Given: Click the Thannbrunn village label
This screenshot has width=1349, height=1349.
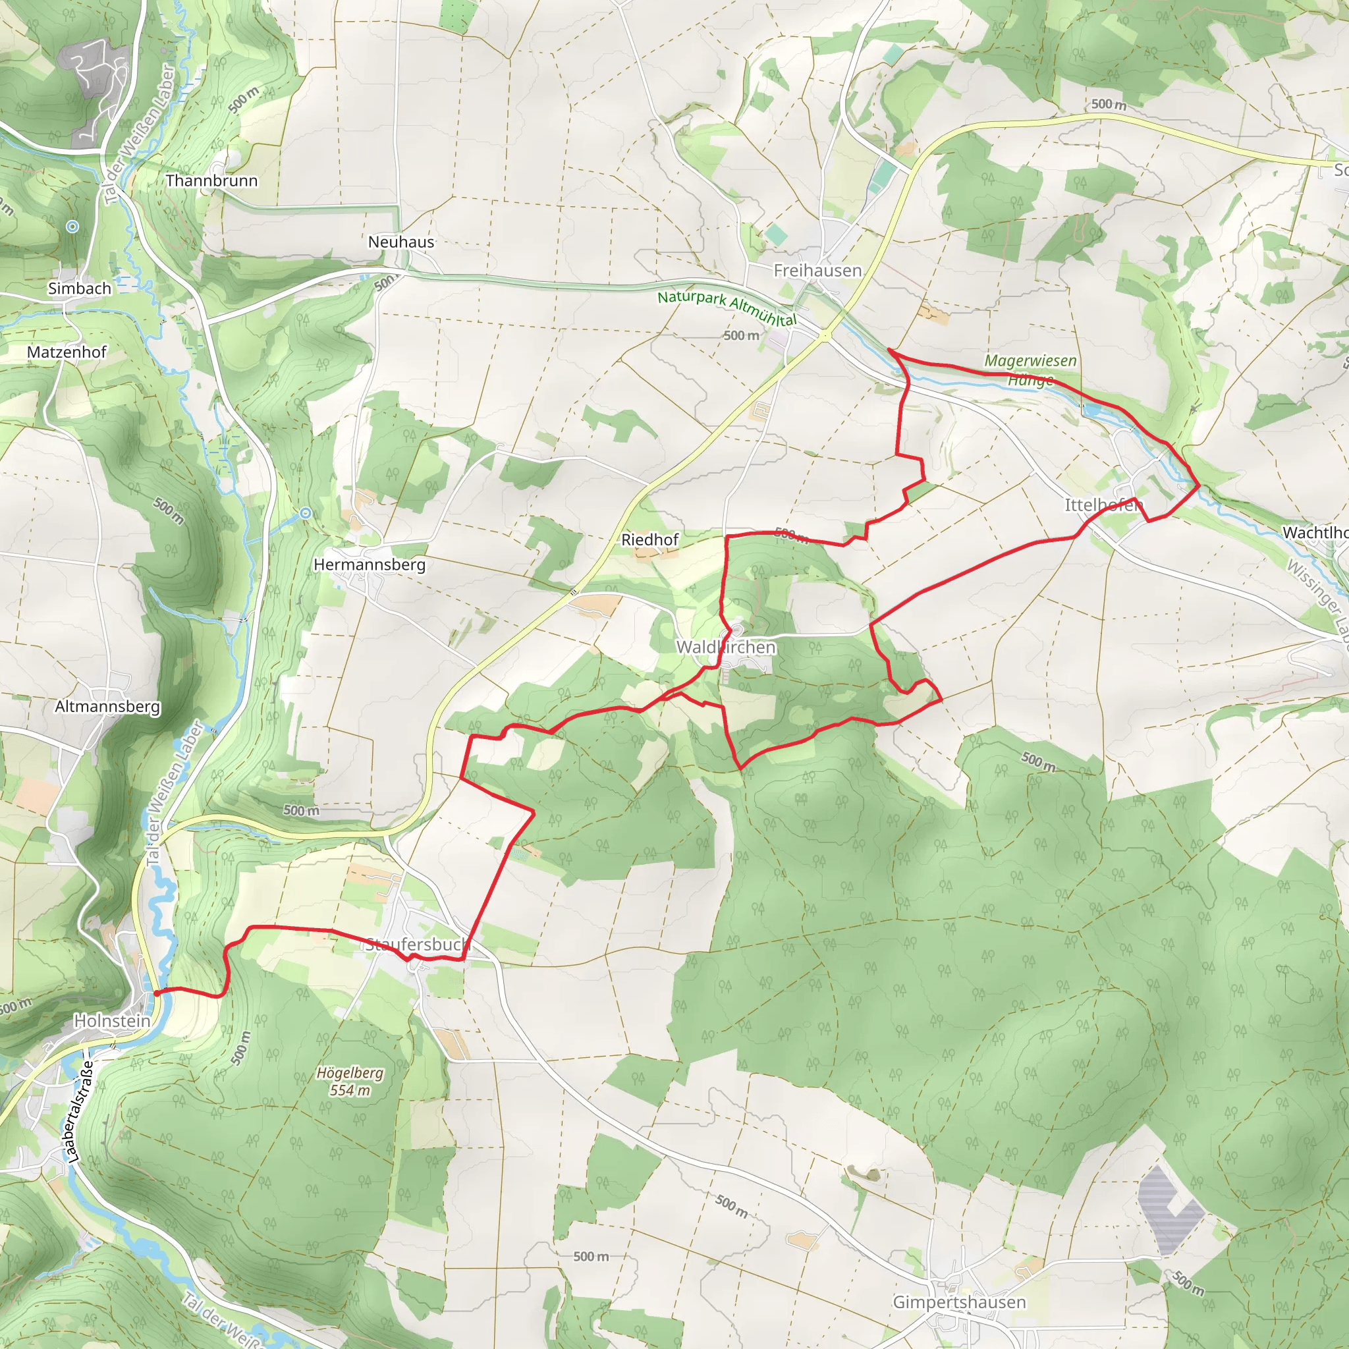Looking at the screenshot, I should [211, 181].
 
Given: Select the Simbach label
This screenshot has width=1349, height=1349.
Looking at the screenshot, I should [80, 289].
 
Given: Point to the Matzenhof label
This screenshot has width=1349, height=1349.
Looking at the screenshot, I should [67, 352].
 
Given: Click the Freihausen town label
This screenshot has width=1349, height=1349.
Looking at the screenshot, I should [817, 270].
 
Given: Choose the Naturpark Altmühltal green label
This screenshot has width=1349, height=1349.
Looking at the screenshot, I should [727, 307].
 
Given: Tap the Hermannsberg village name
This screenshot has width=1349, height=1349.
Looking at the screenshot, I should [370, 564].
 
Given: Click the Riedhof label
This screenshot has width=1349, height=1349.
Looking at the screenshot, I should [650, 539].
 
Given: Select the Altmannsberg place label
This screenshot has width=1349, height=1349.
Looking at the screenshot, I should [107, 707].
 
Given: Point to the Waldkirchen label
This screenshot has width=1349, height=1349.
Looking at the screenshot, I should [726, 647].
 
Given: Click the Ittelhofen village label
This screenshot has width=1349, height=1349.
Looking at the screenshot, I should [1104, 505].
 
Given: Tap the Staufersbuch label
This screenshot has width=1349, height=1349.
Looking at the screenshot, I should [416, 945].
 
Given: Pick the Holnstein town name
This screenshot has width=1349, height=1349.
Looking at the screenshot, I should [113, 1021].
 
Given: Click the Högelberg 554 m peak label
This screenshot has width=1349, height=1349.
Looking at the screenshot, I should [350, 1082].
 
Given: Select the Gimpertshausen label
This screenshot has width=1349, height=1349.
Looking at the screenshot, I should [959, 1302].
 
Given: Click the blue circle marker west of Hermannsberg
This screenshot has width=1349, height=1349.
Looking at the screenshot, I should [305, 514].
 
